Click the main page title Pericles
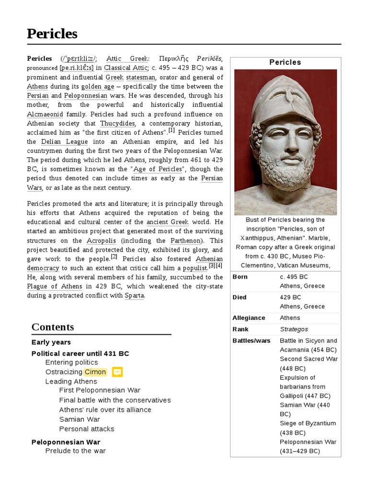(52, 34)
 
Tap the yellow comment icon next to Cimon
(117, 372)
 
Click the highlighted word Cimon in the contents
(95, 372)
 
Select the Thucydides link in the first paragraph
(117, 123)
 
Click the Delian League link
(64, 142)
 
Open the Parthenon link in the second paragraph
(184, 241)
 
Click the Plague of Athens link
(55, 287)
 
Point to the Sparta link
(134, 296)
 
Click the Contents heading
(53, 327)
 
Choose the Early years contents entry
(51, 342)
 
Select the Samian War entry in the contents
(80, 420)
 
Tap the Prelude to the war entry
(75, 451)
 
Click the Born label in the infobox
(240, 277)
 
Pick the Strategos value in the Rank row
(294, 329)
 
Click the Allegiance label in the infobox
(249, 318)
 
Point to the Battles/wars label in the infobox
(251, 341)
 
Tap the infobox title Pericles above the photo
(285, 62)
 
